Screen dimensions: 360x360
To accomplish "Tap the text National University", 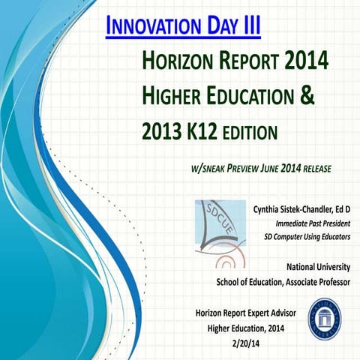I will click(319, 267).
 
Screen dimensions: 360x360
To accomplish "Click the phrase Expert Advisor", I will click(270, 311).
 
